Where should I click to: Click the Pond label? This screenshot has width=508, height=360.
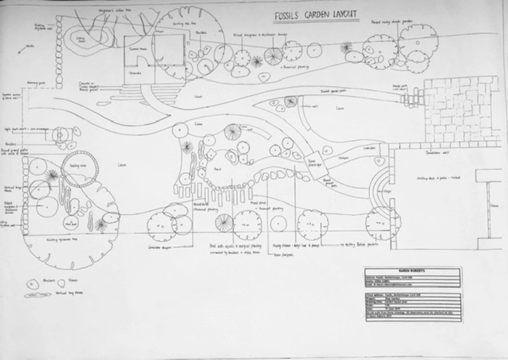pos(218,169)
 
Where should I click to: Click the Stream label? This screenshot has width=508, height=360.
pos(343,158)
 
